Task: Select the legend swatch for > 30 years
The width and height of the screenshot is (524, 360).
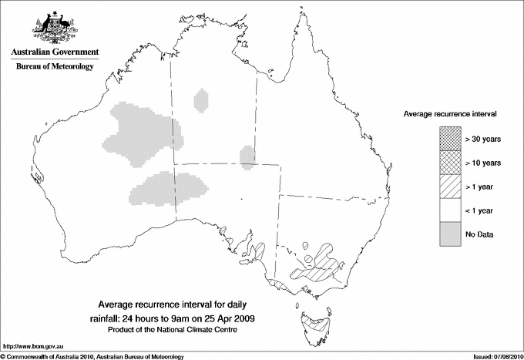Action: (x=449, y=139)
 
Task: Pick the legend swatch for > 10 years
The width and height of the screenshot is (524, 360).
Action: (x=449, y=163)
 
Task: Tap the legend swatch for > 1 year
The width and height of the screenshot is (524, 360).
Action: (x=449, y=187)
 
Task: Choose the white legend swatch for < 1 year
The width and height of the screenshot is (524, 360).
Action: (x=449, y=210)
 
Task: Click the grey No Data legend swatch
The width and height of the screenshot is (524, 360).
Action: (x=449, y=234)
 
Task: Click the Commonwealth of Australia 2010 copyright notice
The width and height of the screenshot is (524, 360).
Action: (x=92, y=355)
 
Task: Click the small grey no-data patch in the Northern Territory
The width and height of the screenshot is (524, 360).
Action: (x=202, y=100)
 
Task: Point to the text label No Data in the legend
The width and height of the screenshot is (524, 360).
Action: (x=479, y=234)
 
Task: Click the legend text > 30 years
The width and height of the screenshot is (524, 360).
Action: (x=483, y=139)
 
